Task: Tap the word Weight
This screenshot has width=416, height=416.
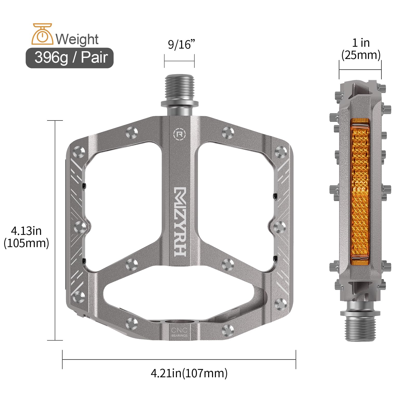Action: pyautogui.click(x=77, y=39)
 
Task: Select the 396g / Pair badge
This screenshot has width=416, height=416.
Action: pyautogui.click(x=70, y=58)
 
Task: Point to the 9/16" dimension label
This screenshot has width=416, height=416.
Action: pyautogui.click(x=181, y=44)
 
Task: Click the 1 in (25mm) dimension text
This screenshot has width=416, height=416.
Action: pyautogui.click(x=361, y=49)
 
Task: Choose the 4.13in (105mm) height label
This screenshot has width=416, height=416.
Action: pyautogui.click(x=26, y=237)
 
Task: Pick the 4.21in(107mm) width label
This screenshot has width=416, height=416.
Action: pyautogui.click(x=189, y=373)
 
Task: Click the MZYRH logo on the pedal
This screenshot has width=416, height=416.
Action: pyautogui.click(x=180, y=221)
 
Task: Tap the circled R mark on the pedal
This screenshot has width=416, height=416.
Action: pyautogui.click(x=180, y=134)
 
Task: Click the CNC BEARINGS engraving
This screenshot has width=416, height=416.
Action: pyautogui.click(x=179, y=332)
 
